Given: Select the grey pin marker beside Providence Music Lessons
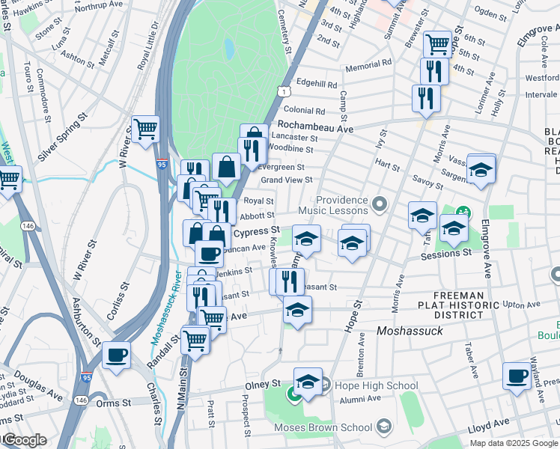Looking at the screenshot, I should [380, 203].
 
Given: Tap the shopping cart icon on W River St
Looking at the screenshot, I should [145, 129].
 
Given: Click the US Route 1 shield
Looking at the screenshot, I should [284, 91].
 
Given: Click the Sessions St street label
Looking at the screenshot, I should [446, 254].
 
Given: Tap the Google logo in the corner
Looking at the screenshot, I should [24, 440].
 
